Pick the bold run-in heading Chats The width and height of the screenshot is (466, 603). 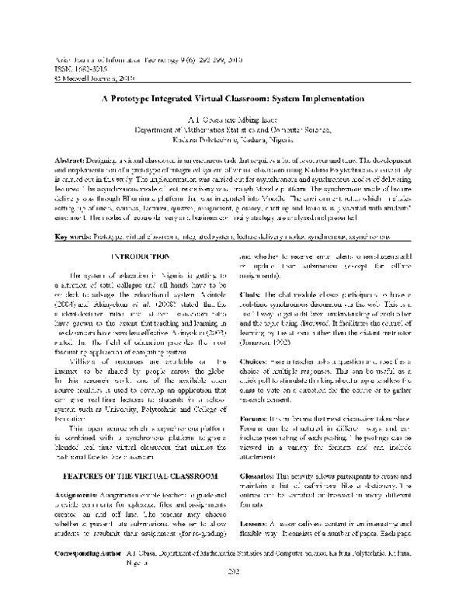[256, 272]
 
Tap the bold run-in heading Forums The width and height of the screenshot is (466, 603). [260, 396]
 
